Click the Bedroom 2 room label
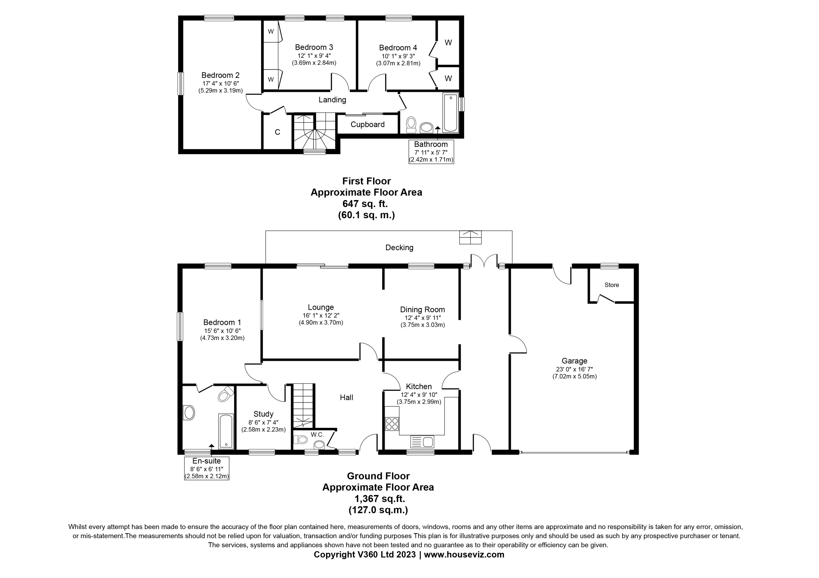tap(220, 75)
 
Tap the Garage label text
tap(574, 361)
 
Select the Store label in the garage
tap(612, 285)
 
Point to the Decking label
tap(399, 248)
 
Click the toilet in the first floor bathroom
tap(411, 124)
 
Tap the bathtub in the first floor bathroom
tap(450, 112)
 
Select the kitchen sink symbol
tap(422, 442)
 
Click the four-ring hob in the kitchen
tap(392, 424)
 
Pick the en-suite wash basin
tap(189, 413)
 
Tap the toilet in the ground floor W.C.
tap(300, 439)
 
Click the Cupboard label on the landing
tap(367, 124)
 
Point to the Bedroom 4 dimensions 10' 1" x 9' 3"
tap(398, 56)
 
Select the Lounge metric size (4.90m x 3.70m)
tap(321, 323)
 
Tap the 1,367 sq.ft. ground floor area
tap(379, 498)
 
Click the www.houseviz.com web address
tap(464, 554)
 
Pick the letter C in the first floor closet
tap(277, 132)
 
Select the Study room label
tap(263, 414)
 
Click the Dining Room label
tap(422, 310)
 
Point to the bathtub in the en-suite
tap(226, 431)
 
